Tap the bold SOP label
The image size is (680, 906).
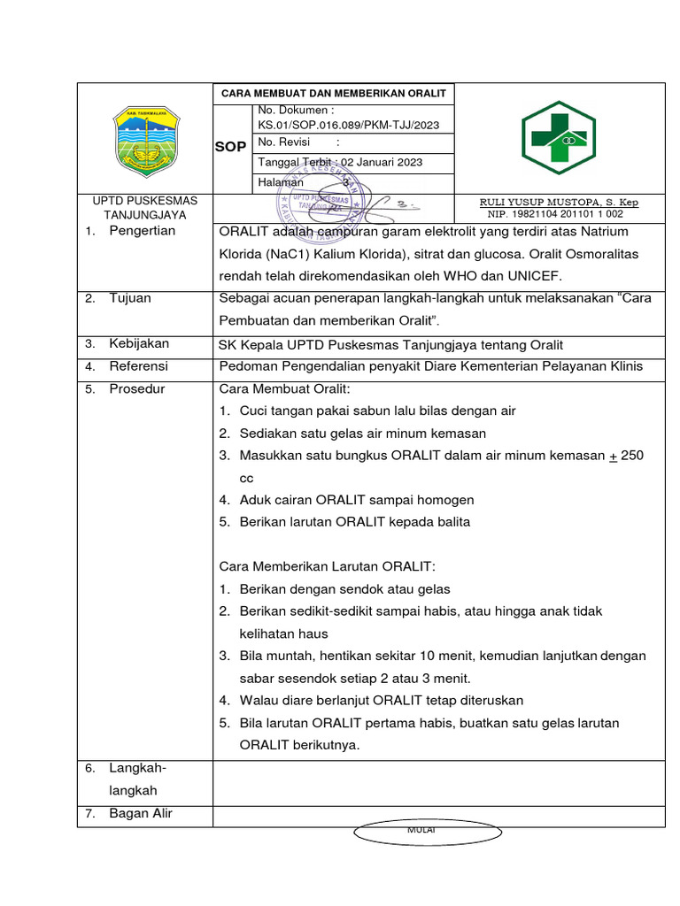click(x=230, y=147)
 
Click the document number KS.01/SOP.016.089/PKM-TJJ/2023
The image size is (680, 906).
click(x=348, y=125)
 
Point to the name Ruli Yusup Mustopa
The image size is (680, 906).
click(x=559, y=203)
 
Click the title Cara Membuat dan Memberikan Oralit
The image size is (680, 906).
click(x=334, y=93)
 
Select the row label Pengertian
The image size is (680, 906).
click(x=143, y=231)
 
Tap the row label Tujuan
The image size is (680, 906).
click(x=130, y=298)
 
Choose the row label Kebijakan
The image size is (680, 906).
click(x=139, y=343)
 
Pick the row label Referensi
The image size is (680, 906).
click(x=138, y=365)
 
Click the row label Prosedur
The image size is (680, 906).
click(x=137, y=388)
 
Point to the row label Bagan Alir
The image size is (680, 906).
click(x=141, y=813)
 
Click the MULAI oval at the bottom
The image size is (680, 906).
click(x=415, y=832)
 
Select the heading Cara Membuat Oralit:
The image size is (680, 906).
click(x=284, y=388)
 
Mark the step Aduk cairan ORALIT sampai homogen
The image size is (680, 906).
click(x=357, y=500)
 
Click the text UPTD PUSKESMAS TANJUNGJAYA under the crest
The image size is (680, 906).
click(x=145, y=208)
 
